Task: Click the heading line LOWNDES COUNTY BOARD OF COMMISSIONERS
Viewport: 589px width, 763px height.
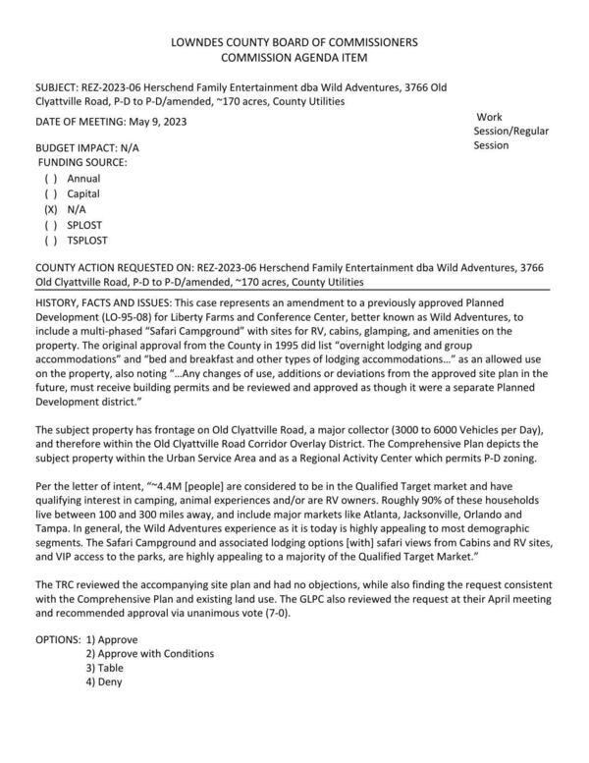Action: pyautogui.click(x=294, y=42)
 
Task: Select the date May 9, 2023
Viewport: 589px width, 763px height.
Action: pyautogui.click(x=151, y=122)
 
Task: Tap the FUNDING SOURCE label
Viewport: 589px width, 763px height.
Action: pyautogui.click(x=83, y=162)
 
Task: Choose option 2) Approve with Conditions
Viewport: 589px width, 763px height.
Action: pyautogui.click(x=149, y=653)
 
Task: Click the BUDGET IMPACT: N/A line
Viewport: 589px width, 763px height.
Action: pyautogui.click(x=82, y=146)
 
